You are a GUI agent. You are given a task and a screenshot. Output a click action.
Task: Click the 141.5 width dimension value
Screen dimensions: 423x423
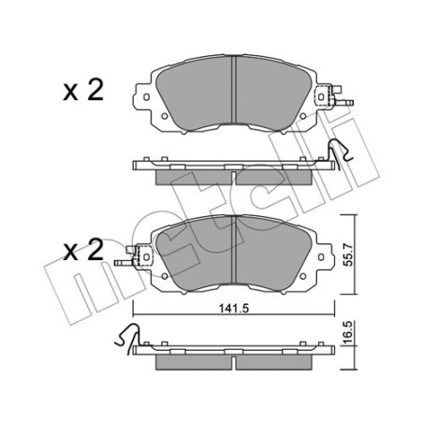(233, 309)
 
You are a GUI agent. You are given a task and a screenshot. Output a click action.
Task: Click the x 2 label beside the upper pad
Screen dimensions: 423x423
(83, 90)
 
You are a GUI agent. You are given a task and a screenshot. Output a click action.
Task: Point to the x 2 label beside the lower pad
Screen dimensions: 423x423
(83, 250)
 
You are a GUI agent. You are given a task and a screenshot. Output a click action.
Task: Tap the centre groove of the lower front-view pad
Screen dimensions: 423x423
(234, 249)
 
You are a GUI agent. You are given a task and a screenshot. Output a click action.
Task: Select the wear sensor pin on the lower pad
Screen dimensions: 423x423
(124, 263)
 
